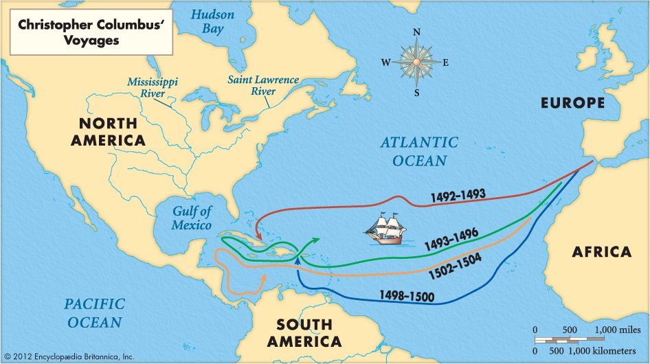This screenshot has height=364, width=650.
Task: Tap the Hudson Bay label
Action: click(x=213, y=21)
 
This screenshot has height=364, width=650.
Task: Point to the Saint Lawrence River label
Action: click(x=263, y=85)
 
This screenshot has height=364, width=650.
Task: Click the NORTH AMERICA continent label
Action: click(x=112, y=131)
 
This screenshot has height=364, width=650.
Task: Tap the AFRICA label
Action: click(x=601, y=251)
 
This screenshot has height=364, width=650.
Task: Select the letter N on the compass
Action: click(x=416, y=32)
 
